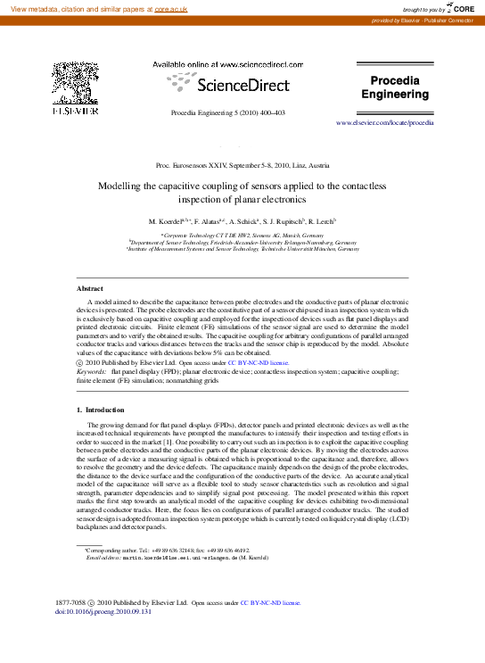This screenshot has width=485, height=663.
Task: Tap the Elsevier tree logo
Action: click(x=69, y=84)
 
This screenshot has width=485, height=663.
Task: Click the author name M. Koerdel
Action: click(x=169, y=220)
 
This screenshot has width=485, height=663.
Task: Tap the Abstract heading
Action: click(x=90, y=289)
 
